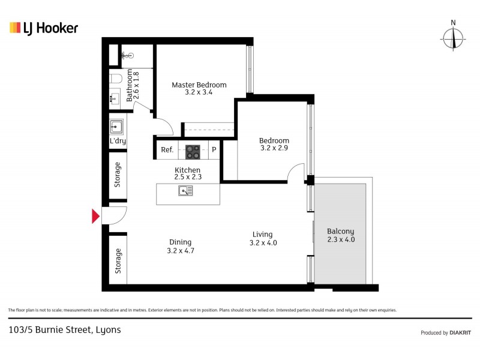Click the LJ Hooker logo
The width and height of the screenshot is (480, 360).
[44, 28]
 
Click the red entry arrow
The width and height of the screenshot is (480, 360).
[95, 216]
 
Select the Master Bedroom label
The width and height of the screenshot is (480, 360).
[199, 85]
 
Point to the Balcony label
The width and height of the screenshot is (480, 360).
[340, 231]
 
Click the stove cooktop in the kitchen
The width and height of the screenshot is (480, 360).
[193, 150]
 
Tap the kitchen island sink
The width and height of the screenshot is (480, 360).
[186, 191]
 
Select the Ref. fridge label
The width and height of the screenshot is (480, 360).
[167, 150]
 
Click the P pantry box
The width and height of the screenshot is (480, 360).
[214, 150]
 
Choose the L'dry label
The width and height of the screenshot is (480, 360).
[117, 142]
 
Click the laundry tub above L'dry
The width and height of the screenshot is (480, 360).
[117, 127]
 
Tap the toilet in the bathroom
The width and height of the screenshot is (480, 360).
[115, 79]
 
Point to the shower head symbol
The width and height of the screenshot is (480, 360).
[127, 56]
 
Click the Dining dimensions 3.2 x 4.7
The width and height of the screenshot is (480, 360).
[181, 251]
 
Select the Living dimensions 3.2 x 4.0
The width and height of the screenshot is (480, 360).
[263, 243]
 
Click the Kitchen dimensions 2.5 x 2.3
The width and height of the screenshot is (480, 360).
[187, 178]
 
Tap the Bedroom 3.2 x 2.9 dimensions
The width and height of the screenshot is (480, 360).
[274, 148]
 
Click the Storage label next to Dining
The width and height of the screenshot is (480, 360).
[118, 261]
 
